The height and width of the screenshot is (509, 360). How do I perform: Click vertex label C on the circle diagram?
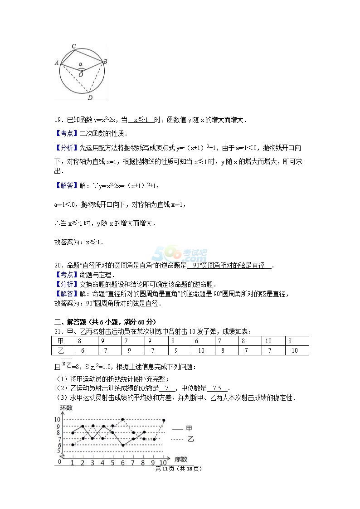74,46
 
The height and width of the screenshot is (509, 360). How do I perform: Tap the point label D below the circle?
90,97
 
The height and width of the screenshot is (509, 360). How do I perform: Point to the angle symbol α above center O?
81,64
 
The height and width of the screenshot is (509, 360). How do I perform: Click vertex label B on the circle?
105,61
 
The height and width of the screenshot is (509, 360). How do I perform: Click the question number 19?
58,120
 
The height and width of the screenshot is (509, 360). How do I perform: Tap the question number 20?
58,266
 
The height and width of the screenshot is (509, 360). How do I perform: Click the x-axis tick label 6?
122,463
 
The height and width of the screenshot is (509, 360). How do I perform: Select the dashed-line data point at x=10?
163,420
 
